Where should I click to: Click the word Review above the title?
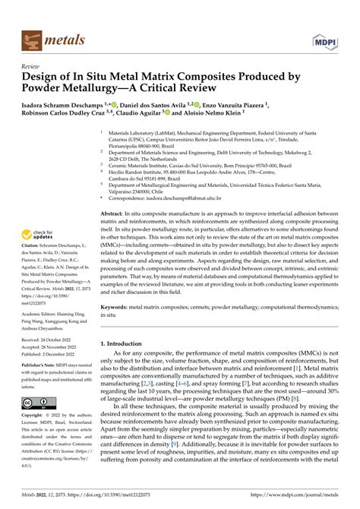[30, 66]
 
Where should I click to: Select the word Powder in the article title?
[51, 91]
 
